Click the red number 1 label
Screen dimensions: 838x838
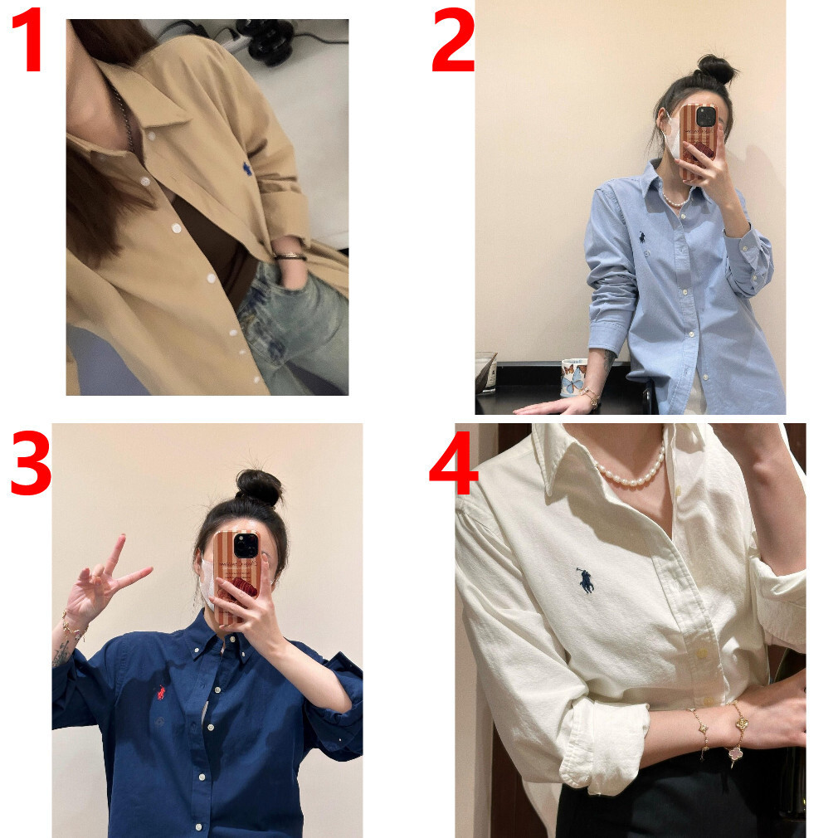(28, 40)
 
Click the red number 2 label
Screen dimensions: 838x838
(453, 40)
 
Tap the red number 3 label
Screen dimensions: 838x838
(31, 463)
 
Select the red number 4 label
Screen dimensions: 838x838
(453, 463)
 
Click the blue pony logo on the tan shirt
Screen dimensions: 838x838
(247, 169)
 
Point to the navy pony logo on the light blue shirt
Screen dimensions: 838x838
(641, 236)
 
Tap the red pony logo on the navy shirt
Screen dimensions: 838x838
(161, 693)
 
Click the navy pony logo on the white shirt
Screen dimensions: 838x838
(585, 581)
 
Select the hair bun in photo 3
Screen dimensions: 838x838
(259, 487)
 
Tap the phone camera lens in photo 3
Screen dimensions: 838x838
(246, 545)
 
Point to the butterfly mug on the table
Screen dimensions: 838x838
(574, 378)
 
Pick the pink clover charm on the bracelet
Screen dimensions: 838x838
(738, 754)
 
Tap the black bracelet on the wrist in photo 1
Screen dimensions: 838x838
(290, 256)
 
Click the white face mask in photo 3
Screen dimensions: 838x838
(208, 583)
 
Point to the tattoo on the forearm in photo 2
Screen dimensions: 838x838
(609, 360)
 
